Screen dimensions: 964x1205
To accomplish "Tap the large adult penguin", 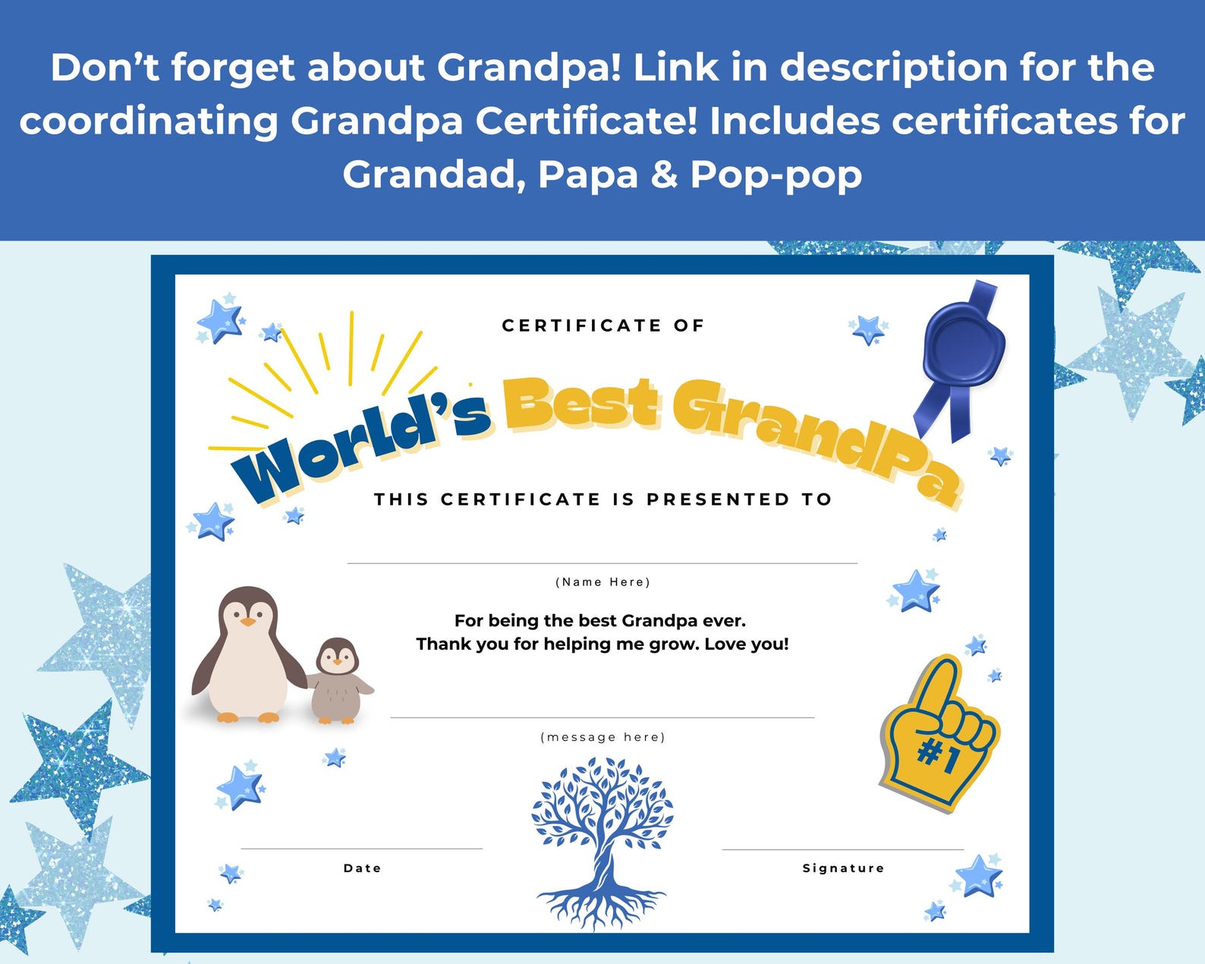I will [247, 657].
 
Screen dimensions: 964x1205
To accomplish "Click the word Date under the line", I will [362, 868].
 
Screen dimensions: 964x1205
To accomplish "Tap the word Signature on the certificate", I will [843, 868].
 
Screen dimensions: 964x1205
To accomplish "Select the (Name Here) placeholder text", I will [602, 582].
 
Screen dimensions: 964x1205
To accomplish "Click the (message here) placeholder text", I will [602, 737].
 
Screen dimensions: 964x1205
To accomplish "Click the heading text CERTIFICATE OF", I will [603, 326].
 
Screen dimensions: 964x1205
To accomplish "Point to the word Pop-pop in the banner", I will [776, 175].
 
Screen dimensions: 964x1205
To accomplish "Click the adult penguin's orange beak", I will [248, 622].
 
